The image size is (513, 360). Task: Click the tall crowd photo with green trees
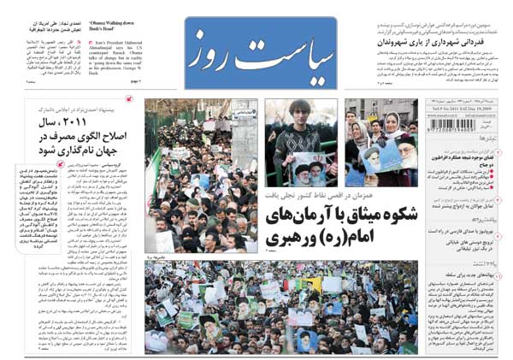pos(200,171)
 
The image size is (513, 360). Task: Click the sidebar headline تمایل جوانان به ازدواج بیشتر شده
pos(469,205)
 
